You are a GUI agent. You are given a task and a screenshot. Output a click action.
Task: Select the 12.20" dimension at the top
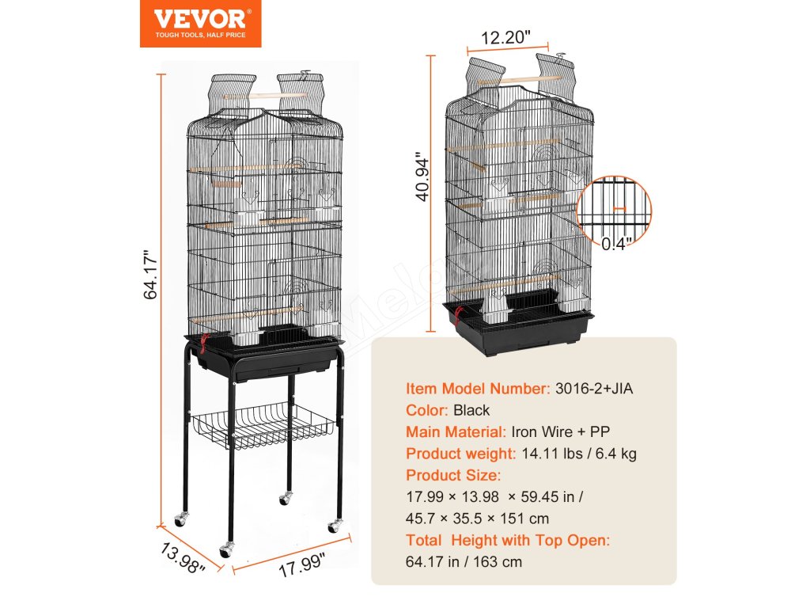pos(504,38)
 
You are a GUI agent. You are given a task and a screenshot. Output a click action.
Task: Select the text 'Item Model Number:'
pos(477,389)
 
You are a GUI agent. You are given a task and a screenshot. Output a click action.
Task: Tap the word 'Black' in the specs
pos(471,410)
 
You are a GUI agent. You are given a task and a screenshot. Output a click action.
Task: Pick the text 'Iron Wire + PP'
pos(561,431)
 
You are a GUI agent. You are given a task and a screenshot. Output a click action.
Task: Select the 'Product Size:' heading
pos(453,475)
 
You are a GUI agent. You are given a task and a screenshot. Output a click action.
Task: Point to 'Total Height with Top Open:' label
pos(508,541)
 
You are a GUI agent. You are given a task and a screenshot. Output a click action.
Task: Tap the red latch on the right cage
pos(456,317)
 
